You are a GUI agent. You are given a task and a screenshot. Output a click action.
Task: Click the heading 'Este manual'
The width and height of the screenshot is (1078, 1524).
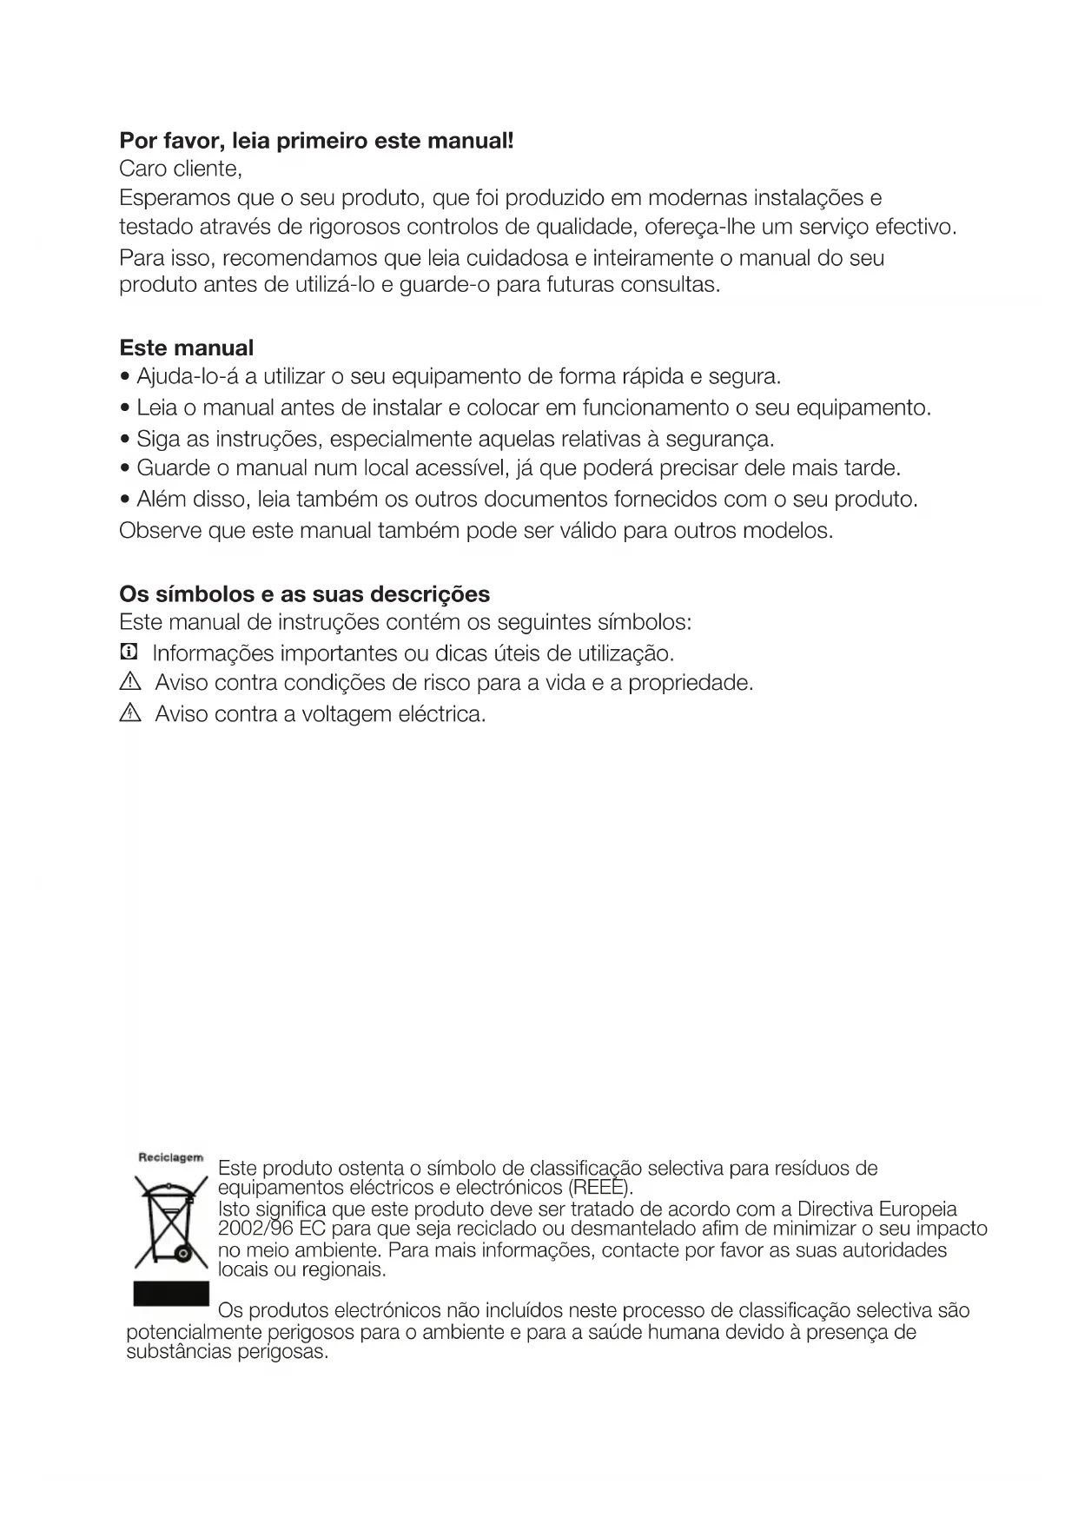[x=186, y=348]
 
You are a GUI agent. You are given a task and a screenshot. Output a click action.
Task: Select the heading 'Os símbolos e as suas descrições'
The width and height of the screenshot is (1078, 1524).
[x=304, y=594]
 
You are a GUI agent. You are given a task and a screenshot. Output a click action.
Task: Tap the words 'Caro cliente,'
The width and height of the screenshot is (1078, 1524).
[x=180, y=168]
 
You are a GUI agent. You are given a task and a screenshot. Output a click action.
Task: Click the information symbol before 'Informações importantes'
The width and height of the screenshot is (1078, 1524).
[x=129, y=653]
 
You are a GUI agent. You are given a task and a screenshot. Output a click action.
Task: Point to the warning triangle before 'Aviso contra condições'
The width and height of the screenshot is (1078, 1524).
[x=129, y=683]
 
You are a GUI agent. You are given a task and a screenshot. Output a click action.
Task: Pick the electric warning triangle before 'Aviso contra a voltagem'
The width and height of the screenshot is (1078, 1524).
[x=129, y=714]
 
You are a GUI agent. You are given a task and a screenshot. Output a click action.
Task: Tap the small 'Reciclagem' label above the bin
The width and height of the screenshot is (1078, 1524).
[x=171, y=1157]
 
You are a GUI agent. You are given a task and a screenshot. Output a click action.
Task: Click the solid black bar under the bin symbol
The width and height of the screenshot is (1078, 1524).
[x=171, y=1293]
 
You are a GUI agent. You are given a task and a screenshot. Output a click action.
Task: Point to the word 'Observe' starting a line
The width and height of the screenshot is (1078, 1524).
[x=161, y=530]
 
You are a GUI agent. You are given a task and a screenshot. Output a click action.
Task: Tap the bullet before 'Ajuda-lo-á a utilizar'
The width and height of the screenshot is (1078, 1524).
[x=126, y=378]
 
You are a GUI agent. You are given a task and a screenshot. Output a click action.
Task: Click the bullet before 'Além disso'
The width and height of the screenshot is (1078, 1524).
[x=126, y=500]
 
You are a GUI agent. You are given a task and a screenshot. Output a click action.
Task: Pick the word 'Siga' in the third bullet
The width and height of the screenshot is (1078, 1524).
[x=158, y=438]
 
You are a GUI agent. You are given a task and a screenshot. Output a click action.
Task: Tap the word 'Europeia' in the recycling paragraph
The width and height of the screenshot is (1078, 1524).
[x=918, y=1209]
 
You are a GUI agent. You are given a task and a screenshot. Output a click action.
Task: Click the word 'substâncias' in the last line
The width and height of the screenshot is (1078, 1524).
[x=178, y=1352]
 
